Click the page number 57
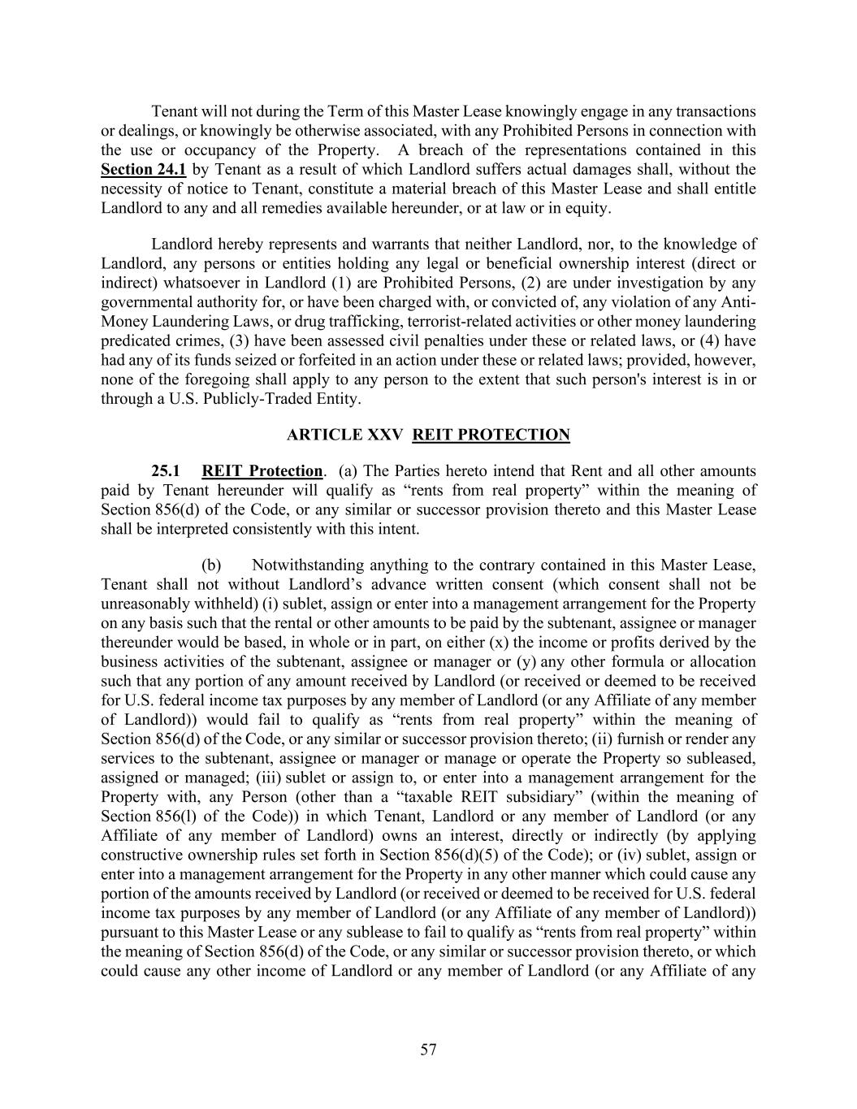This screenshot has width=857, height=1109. (428, 1050)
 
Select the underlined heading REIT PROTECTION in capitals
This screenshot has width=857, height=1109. (491, 435)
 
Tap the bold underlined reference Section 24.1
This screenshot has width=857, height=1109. (143, 169)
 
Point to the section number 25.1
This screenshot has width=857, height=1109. (165, 471)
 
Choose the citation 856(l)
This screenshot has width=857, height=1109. (179, 816)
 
